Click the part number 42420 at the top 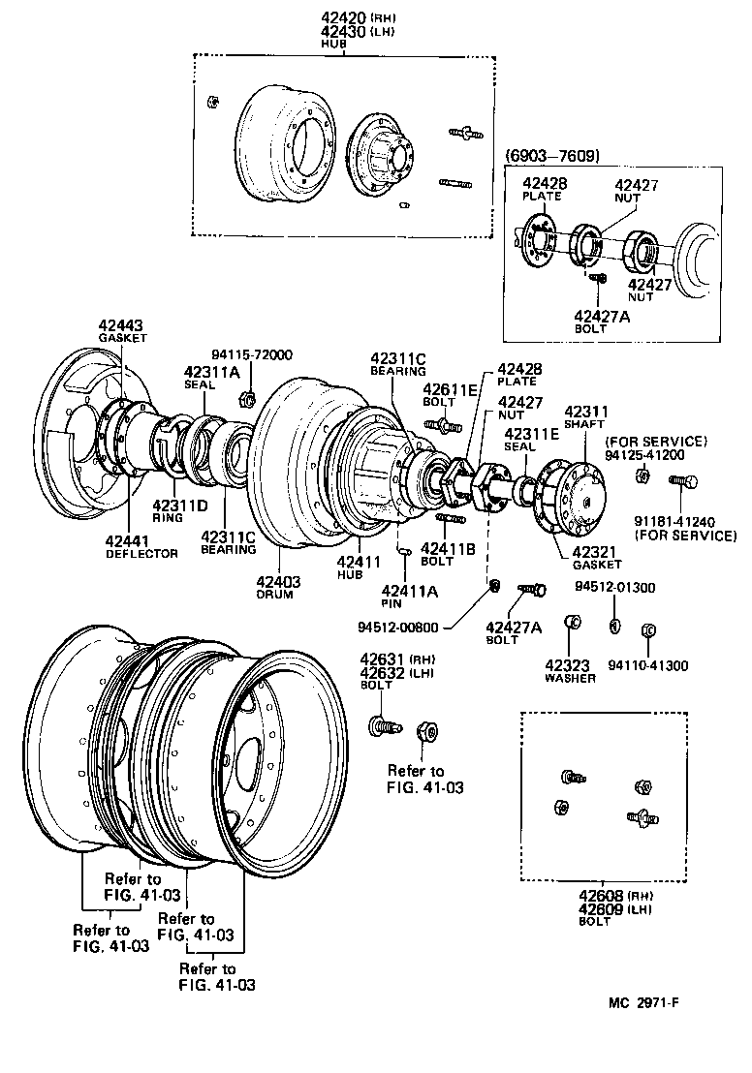click(341, 17)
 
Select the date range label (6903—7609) click(552, 155)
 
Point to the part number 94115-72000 click(252, 355)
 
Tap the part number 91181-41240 click(684, 520)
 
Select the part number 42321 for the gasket click(596, 551)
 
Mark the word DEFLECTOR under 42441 click(141, 553)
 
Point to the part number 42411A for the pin click(410, 591)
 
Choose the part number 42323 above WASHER click(569, 665)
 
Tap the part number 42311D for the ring click(180, 504)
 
